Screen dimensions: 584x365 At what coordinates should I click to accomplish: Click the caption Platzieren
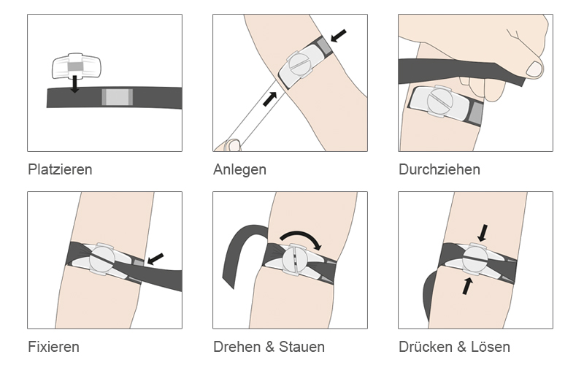pos(60,169)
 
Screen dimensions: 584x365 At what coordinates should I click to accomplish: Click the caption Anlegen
pos(239,170)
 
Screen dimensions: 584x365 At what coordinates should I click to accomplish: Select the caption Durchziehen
pos(439,169)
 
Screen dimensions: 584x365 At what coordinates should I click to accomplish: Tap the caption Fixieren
pos(53,347)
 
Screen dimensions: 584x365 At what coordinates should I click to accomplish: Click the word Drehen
pos(237,347)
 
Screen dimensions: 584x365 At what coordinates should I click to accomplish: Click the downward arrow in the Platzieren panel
pos(75,84)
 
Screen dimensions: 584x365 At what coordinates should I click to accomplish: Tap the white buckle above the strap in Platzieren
pos(77,66)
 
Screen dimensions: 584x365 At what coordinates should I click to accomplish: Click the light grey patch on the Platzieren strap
pos(118,97)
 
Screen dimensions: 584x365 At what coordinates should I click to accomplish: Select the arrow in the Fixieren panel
pos(155,258)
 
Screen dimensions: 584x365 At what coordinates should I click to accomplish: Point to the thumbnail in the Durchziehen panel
pos(534,69)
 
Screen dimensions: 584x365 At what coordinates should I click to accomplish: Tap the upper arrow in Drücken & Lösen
pos(483,233)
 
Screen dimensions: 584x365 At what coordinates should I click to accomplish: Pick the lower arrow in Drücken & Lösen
pos(467,286)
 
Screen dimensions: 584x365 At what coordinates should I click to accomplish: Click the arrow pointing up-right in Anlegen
pos(269,99)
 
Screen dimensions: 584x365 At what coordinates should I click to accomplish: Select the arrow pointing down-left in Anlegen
pos(338,36)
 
